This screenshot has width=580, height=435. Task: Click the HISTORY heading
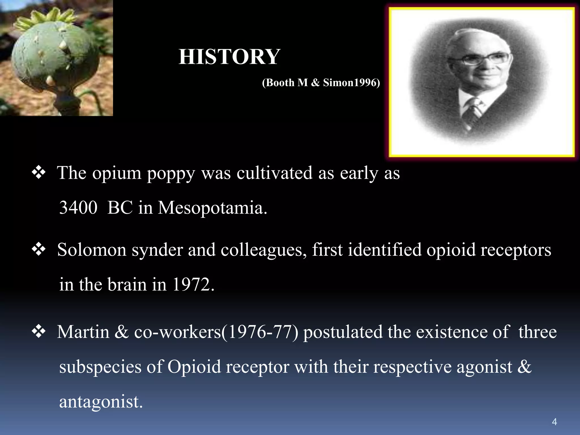229,57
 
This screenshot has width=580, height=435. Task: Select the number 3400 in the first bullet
78,208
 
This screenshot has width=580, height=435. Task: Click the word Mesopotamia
212,208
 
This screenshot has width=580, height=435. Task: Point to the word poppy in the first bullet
171,173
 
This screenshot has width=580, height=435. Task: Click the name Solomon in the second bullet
92,250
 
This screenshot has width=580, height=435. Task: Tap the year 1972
193,284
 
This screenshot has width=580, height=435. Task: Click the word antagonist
101,401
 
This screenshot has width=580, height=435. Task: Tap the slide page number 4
554,422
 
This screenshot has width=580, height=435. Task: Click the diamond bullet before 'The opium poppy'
39,172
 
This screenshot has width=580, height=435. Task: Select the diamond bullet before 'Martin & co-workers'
39,331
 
